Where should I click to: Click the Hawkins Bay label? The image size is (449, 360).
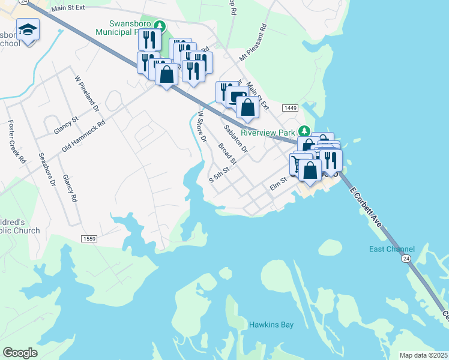pyautogui.click(x=271, y=325)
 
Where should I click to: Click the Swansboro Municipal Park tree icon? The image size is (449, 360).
pyautogui.click(x=159, y=25)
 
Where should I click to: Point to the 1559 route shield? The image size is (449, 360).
pyautogui.click(x=89, y=239)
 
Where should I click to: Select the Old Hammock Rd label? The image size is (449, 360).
pyautogui.click(x=83, y=137)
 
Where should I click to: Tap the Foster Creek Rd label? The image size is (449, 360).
pyautogui.click(x=17, y=142)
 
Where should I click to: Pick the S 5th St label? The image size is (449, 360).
pyautogui.click(x=219, y=175)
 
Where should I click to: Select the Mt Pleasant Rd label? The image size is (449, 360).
pyautogui.click(x=253, y=44)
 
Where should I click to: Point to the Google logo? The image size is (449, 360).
pyautogui.click(x=20, y=353)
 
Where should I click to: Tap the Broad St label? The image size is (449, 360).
pyautogui.click(x=228, y=154)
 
